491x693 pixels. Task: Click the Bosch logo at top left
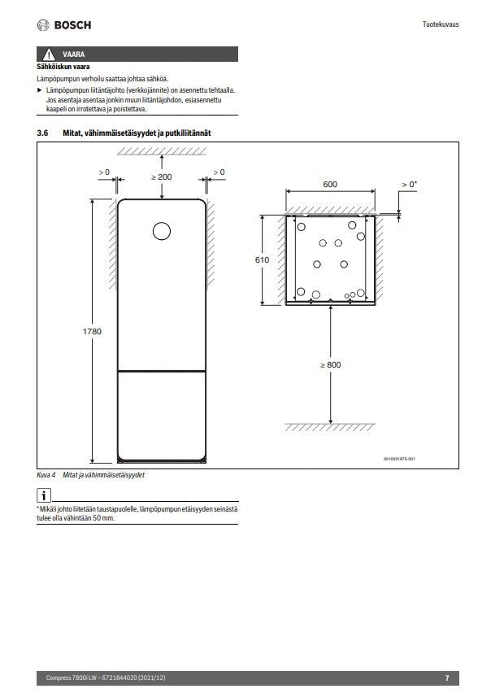[64, 25]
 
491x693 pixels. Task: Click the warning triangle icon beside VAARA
[50, 54]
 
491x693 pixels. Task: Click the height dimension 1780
[93, 332]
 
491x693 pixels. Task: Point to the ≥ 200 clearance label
[162, 177]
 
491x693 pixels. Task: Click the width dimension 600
[329, 185]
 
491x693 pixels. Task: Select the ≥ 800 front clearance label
[329, 365]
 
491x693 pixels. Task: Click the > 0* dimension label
[409, 185]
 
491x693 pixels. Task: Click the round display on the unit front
[162, 231]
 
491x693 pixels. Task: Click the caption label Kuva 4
[47, 475]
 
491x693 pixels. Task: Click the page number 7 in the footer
[446, 678]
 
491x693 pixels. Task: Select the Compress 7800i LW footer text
[72, 678]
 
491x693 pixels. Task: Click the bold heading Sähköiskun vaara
[63, 67]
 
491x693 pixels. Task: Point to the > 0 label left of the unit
[104, 172]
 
